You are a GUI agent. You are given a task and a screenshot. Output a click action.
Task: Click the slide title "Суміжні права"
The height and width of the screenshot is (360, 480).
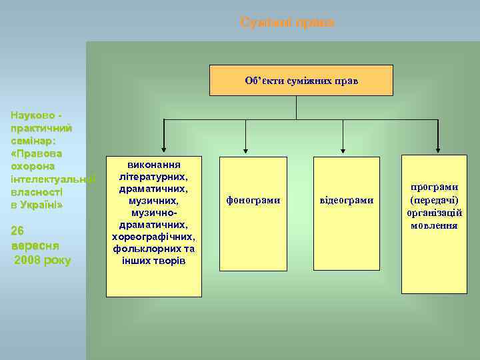pos(287,23)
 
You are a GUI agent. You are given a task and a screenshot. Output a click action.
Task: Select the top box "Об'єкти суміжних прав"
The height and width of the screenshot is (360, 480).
pos(301,81)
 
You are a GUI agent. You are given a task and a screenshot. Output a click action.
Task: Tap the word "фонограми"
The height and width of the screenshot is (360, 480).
pos(253,200)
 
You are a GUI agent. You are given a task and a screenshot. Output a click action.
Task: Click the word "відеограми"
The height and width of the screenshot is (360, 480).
pos(346,200)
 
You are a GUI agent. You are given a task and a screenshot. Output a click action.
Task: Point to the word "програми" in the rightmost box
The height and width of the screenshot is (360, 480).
pos(434,188)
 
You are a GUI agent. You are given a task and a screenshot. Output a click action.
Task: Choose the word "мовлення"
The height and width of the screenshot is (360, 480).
pos(434,225)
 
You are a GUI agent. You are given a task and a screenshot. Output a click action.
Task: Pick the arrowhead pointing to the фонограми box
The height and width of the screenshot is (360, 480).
pos(247,152)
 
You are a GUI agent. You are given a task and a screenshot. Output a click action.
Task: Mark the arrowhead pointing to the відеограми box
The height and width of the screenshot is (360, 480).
pos(343,152)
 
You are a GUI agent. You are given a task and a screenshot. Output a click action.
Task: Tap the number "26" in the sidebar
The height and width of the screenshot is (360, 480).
pos(18,231)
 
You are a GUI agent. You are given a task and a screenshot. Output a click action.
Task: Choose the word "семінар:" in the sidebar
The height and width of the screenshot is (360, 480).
pos(33,141)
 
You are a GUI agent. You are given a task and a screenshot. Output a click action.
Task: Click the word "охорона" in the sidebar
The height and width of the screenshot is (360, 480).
pos(33,166)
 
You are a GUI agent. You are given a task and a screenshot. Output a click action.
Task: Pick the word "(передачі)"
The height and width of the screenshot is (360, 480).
pos(434,201)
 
